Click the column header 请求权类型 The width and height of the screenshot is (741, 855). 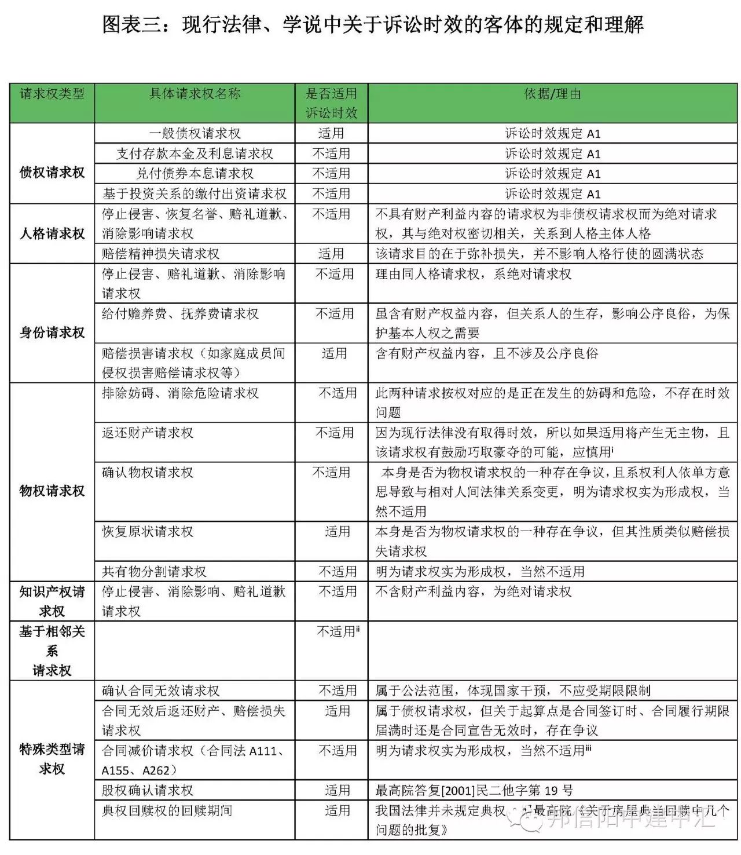click(52, 94)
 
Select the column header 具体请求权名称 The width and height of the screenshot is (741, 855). click(195, 94)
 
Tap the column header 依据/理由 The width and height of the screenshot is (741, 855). click(552, 94)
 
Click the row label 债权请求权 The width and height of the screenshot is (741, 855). click(52, 173)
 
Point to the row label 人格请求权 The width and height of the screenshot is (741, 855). click(52, 233)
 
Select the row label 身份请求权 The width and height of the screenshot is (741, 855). click(52, 332)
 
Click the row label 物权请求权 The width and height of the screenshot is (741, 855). click(52, 491)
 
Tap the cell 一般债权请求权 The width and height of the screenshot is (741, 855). click(195, 134)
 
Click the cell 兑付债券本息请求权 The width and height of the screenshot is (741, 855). click(195, 174)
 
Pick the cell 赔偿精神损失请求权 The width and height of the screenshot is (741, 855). click(161, 254)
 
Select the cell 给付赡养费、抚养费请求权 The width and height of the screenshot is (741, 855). click(180, 314)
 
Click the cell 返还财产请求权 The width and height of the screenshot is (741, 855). click(148, 433)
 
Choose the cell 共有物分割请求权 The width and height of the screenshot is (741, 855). click(154, 572)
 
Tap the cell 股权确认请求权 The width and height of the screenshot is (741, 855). click(148, 790)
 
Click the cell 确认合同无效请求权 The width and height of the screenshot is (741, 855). click(161, 690)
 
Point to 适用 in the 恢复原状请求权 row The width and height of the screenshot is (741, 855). click(337, 532)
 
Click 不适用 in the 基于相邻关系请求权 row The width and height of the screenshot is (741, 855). click(338, 631)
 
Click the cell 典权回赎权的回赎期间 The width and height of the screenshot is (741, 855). click(167, 810)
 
